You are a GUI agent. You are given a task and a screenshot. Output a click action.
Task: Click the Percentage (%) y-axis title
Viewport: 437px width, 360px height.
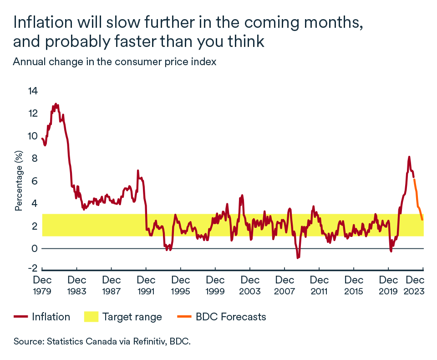pyautogui.click(x=19, y=181)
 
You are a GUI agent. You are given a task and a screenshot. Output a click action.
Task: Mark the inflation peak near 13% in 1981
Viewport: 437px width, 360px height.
pyautogui.click(x=56, y=104)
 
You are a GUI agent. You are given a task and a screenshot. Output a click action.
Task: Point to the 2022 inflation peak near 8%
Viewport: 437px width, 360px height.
pyautogui.click(x=409, y=157)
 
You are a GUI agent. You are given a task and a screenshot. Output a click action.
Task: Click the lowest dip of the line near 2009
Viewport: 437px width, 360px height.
pyautogui.click(x=298, y=258)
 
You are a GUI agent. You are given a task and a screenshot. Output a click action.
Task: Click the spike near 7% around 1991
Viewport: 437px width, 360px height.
pyautogui.click(x=137, y=171)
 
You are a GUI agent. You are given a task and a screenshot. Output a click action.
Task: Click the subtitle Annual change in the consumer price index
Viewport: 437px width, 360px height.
pyautogui.click(x=114, y=62)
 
